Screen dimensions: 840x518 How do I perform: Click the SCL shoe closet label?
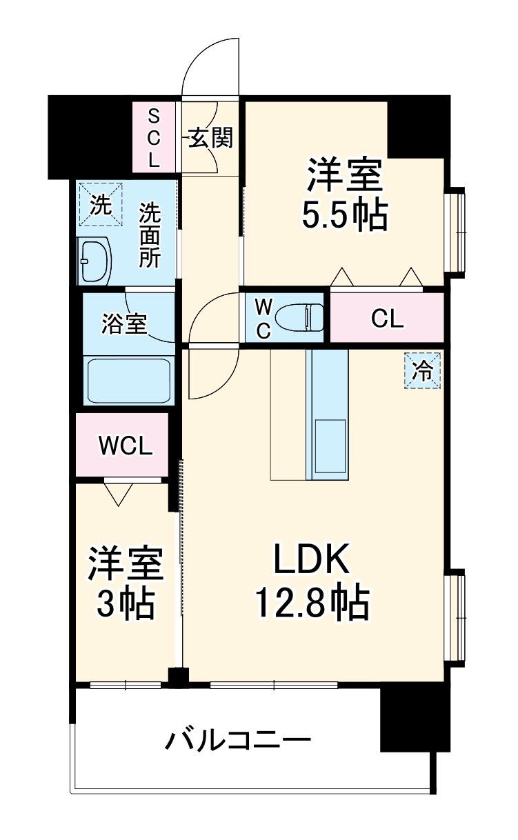pos(153,137)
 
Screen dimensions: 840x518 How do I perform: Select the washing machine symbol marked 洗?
pos(101,205)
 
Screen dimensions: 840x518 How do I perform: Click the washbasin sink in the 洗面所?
pos(94,261)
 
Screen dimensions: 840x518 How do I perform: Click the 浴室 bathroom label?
pos(124,323)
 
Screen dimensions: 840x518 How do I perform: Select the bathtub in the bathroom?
pos(128,379)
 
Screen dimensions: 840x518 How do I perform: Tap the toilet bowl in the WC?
pos(299,318)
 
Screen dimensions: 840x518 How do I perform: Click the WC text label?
pos(263,318)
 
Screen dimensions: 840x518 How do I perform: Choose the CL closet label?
pos(387,319)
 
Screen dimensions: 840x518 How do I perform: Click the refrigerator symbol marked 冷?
pos(421,371)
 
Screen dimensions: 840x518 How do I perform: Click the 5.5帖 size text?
pos(343,216)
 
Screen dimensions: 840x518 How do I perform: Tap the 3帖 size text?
pos(125,603)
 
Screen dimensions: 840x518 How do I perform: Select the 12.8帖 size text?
pos(312,602)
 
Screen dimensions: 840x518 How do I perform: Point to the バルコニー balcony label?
pos(237,742)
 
